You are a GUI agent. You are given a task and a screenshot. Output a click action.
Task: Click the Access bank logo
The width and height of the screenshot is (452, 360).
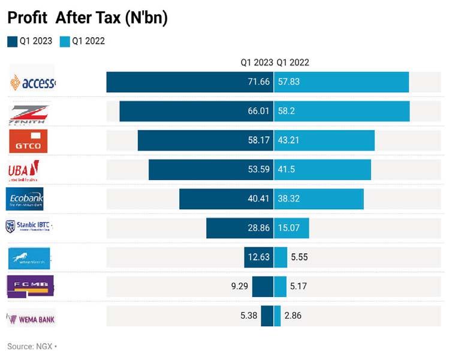point(33,82)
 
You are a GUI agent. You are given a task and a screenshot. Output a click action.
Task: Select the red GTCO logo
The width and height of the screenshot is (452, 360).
point(28,142)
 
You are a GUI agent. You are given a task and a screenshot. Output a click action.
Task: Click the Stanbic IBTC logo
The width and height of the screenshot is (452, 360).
point(29,227)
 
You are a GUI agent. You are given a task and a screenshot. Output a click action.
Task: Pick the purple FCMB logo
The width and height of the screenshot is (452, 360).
point(30,286)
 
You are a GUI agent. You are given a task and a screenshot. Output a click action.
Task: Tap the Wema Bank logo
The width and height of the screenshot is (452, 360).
point(31,319)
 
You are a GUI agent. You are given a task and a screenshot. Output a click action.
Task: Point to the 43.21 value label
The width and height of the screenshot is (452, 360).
point(288,140)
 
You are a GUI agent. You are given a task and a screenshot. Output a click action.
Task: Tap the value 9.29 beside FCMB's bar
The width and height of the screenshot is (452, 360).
point(239,286)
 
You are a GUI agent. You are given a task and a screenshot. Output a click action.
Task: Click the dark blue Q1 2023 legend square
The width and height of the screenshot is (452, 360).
point(13,41)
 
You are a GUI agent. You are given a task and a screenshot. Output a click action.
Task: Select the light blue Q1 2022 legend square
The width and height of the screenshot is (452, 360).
point(65,41)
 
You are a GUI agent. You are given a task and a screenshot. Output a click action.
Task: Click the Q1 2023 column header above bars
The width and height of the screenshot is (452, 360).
point(257,62)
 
